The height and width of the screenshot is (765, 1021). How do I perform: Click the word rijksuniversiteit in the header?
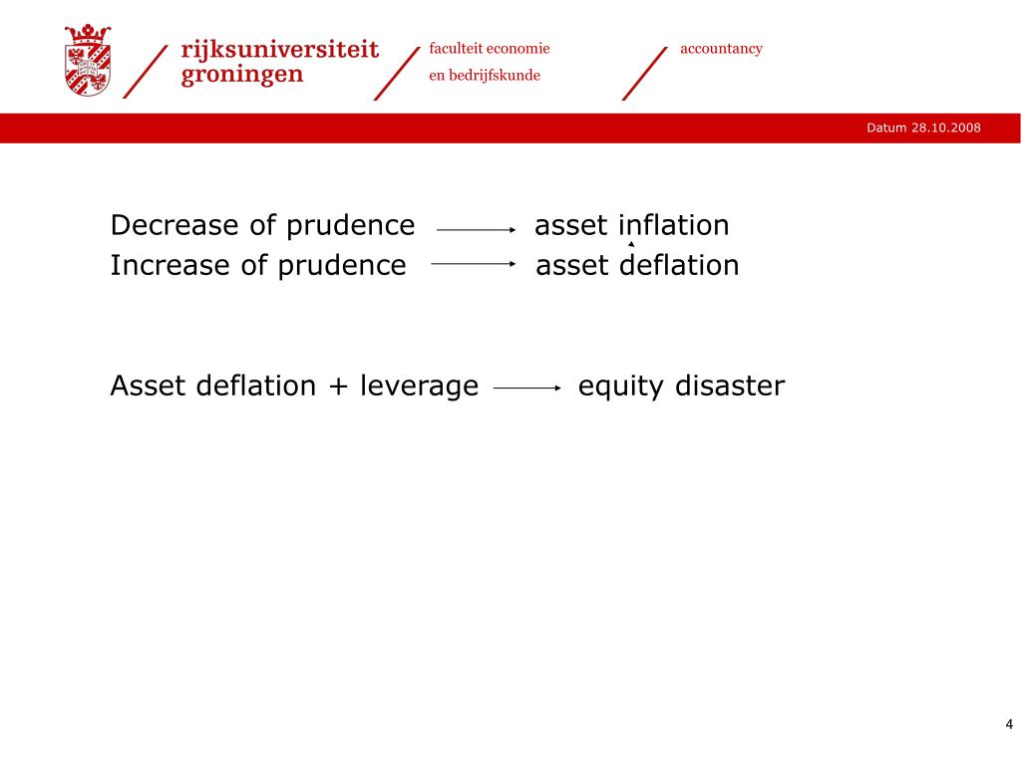(x=280, y=50)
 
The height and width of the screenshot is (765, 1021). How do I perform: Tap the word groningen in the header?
(x=242, y=76)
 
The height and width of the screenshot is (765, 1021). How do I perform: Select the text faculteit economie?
(x=490, y=49)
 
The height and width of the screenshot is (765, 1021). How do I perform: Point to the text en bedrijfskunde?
(x=485, y=76)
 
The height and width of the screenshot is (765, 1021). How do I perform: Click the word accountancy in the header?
(x=721, y=49)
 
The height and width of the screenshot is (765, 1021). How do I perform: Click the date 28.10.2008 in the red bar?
(x=946, y=128)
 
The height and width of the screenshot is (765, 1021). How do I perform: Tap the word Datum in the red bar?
(x=886, y=128)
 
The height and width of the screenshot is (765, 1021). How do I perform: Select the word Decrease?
(x=176, y=226)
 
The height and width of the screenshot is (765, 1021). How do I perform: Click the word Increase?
(x=171, y=266)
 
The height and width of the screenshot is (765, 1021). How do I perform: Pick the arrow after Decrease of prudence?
(x=476, y=229)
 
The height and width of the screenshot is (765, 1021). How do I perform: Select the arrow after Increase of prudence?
(x=473, y=264)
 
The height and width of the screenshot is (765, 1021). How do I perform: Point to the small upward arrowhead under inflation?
(x=631, y=243)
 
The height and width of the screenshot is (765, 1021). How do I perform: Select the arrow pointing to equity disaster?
(x=528, y=389)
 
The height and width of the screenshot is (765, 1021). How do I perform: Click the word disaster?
(x=729, y=386)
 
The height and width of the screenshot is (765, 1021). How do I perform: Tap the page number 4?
(x=1008, y=724)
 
